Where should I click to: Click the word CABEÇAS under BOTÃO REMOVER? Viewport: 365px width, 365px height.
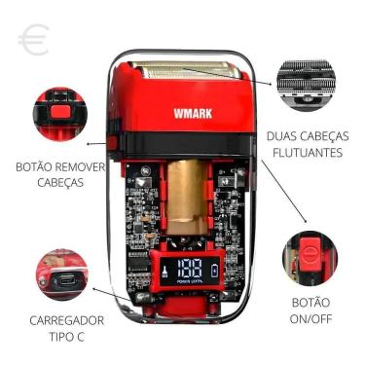60,182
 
